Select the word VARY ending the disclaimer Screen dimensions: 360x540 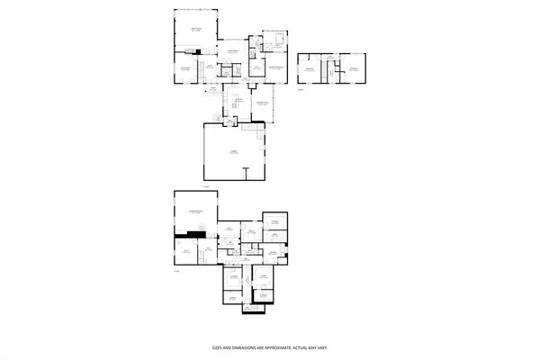coord(320,346)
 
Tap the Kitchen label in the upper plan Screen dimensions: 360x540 coord(239,98)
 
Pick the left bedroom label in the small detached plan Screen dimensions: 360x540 coord(310,68)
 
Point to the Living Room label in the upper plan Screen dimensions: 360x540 coord(184,68)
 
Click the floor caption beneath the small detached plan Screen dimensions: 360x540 coord(302,90)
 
